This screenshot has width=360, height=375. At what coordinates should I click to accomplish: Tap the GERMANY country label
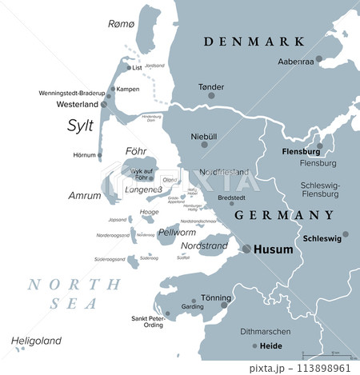click(284, 215)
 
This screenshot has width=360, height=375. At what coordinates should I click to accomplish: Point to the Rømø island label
click(122, 24)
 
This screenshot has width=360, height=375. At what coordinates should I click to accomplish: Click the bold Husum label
click(273, 249)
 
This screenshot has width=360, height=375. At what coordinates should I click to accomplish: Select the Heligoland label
click(36, 341)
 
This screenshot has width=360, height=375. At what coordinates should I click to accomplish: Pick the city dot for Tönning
click(225, 305)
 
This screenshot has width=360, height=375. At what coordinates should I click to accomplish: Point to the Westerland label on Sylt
click(78, 104)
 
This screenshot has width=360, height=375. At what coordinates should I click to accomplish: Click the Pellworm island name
click(177, 233)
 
